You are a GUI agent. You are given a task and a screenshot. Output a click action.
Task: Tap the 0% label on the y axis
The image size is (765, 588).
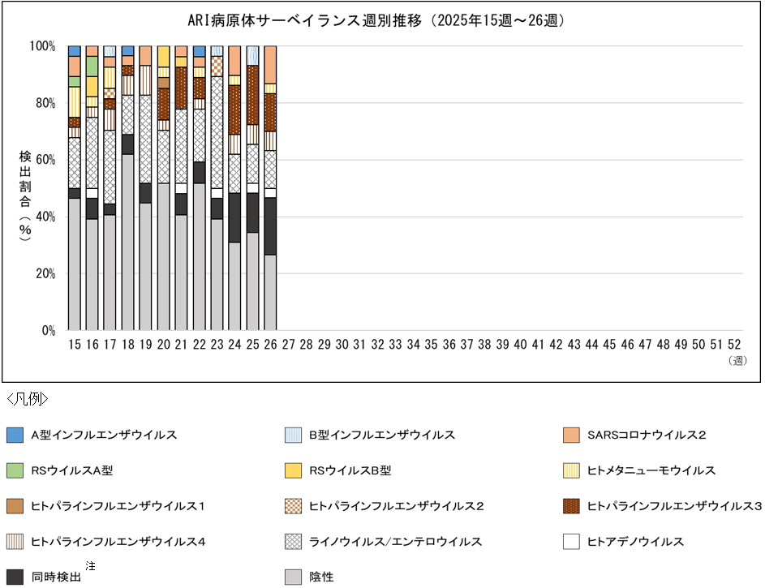point(47,331)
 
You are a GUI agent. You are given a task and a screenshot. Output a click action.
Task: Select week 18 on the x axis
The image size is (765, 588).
point(127,345)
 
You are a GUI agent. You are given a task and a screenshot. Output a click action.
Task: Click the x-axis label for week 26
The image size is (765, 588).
point(270,345)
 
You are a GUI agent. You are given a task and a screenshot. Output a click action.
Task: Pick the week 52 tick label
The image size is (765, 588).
point(735,345)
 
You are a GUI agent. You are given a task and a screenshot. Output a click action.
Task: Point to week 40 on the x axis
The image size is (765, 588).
point(520,345)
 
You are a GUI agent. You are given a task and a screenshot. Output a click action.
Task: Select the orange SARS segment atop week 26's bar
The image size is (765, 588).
point(270,64)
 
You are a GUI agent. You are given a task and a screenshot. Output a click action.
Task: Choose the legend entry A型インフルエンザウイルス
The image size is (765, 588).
point(104,435)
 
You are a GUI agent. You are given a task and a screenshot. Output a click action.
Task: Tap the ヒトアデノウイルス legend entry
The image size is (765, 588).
point(634,542)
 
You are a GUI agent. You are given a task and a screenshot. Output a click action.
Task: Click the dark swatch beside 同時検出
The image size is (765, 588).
point(14,577)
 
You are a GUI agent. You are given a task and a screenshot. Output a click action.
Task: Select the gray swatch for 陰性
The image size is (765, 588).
point(293,577)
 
